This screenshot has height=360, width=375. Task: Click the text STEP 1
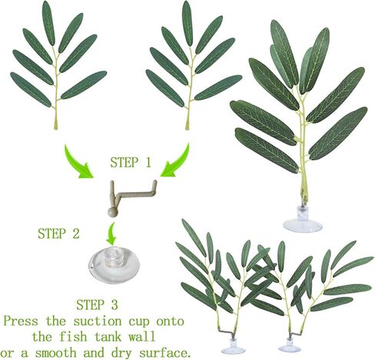coord(131,162)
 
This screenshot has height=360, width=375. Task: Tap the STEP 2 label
coord(58,233)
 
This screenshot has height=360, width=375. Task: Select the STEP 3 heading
coord(97,305)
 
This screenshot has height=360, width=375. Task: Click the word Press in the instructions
coord(21,321)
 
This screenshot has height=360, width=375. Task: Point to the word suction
coord(98,322)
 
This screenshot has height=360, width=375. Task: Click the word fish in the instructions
coord(73,336)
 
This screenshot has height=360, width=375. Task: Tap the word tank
coord(108,336)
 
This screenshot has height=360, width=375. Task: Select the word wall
coord(141,336)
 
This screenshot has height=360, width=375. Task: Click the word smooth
coord(56,353)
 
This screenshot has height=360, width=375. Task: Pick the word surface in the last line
coord(164,353)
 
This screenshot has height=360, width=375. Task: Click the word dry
coord(121,354)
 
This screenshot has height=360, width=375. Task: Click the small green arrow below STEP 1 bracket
coord(111,234)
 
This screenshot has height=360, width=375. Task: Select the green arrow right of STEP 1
coord(177,162)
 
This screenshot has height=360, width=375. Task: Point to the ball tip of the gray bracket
coord(112,212)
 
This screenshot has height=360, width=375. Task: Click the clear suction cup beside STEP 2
coord(114,265)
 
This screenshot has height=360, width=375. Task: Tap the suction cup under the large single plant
coord(303,221)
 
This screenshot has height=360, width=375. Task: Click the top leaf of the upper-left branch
coord(48,23)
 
